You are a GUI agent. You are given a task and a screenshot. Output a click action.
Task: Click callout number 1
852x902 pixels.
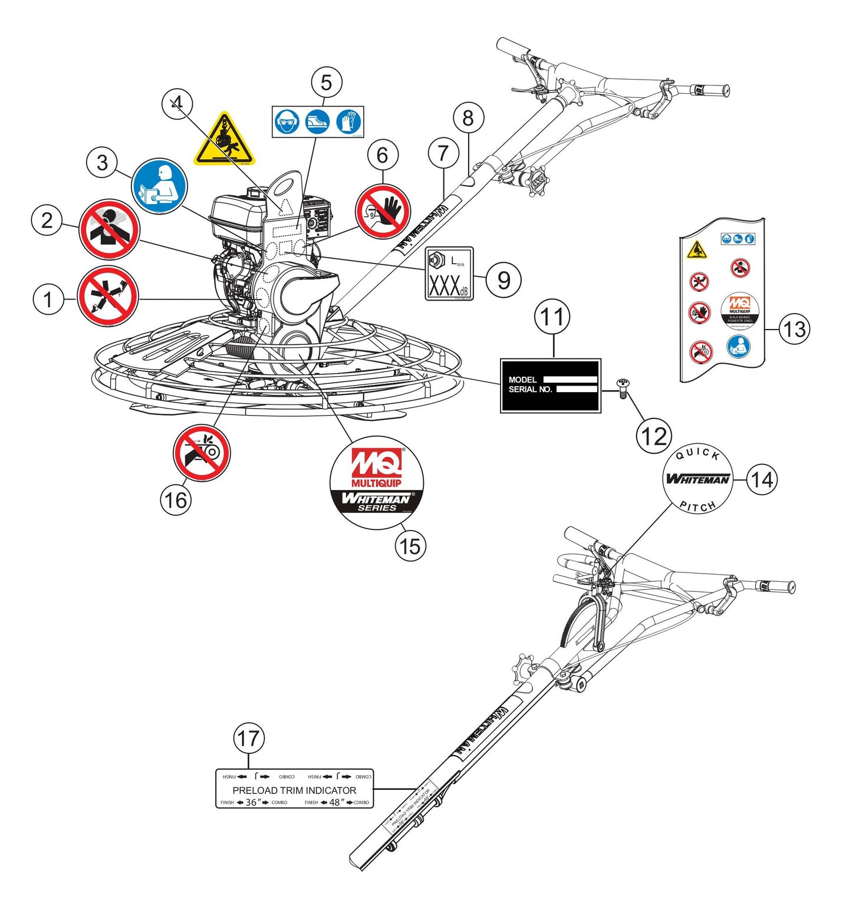[x=48, y=299]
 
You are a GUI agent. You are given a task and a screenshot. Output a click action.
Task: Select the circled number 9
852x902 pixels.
[x=503, y=279]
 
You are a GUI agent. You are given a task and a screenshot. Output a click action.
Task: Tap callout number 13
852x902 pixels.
[x=794, y=328]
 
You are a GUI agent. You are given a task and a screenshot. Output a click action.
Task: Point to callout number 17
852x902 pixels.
[x=248, y=738]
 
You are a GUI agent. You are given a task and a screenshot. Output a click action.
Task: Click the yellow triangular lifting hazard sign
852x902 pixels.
[x=225, y=140]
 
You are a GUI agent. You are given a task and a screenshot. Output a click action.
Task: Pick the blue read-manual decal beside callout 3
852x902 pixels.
[x=159, y=186]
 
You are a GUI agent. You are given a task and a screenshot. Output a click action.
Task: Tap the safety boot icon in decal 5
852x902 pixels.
[x=318, y=123]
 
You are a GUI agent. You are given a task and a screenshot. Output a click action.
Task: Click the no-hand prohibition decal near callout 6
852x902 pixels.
[x=383, y=211]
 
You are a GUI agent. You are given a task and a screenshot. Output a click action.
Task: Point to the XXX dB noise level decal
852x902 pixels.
[x=449, y=274]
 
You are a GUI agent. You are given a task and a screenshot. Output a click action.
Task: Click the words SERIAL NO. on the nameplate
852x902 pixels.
[x=530, y=390]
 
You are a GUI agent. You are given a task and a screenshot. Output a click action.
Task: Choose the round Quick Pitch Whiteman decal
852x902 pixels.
[x=698, y=479]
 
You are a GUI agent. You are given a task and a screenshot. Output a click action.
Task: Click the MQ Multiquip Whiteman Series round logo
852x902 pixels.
[x=377, y=483]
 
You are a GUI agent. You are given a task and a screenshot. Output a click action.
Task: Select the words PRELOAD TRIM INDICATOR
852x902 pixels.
[x=294, y=790]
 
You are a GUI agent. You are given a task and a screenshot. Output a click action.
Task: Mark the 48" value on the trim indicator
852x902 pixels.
[x=337, y=802]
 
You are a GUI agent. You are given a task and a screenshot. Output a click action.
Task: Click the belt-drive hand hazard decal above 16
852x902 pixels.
[x=202, y=453]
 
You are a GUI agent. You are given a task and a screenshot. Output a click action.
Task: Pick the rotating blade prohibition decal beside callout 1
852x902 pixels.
[x=108, y=296]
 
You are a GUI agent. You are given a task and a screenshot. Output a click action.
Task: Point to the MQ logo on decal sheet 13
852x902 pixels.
[x=739, y=304]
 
